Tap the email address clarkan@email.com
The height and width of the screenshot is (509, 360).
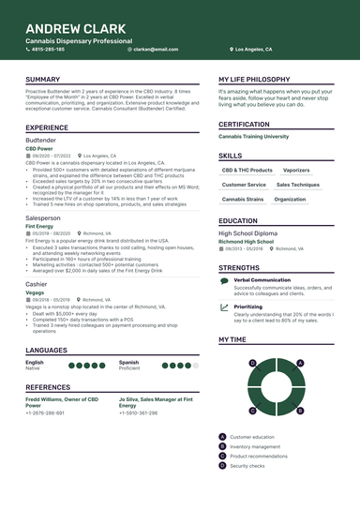(157, 49)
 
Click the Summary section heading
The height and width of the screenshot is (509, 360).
(43, 80)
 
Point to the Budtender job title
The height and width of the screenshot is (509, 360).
(40, 140)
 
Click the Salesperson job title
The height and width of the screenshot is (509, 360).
(43, 217)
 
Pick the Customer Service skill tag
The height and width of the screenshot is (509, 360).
(244, 185)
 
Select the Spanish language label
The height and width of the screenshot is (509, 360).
(128, 335)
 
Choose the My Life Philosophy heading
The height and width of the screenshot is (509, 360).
(259, 80)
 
